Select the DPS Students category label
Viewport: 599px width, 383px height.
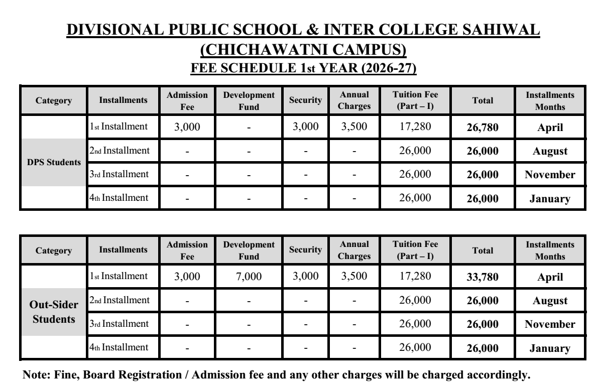53,163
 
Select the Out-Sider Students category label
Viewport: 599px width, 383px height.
53,312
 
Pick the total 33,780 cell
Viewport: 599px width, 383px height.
483,277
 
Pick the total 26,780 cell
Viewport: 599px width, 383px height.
483,127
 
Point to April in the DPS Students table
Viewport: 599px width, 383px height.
550,127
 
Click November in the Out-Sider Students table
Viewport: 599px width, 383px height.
550,325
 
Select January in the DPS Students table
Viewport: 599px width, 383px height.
550,199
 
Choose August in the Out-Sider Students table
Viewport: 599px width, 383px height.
550,301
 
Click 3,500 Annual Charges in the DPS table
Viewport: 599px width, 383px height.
354,127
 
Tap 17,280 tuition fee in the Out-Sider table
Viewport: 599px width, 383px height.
415,276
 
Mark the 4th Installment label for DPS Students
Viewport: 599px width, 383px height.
119,198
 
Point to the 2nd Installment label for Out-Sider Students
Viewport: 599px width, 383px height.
119,300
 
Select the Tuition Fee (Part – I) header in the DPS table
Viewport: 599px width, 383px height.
415,100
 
